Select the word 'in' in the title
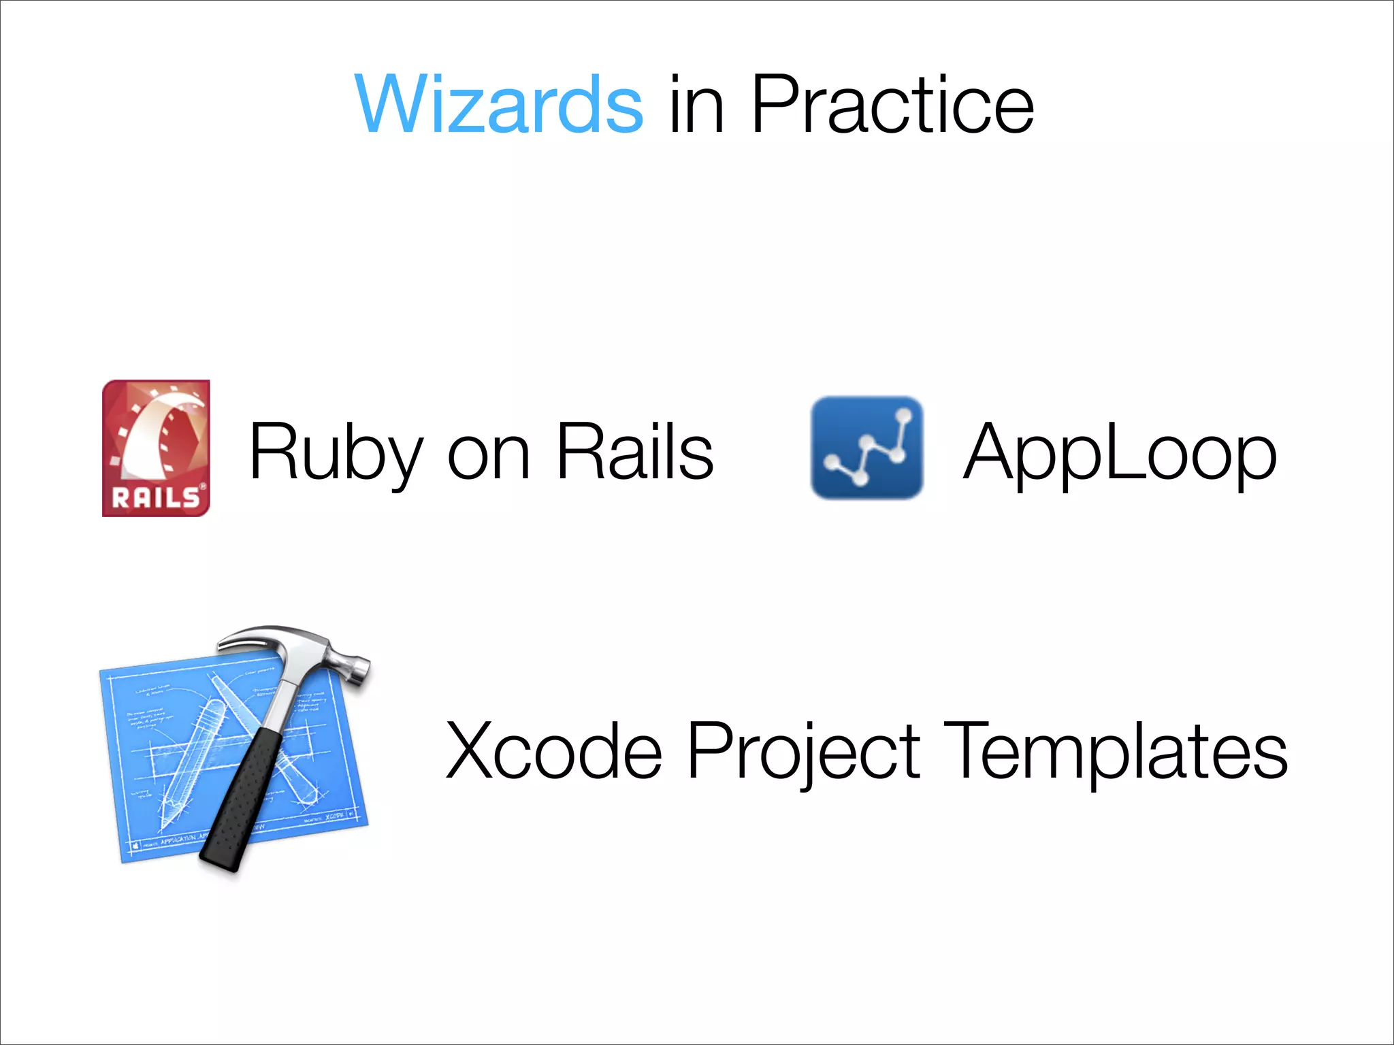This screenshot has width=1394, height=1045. click(696, 105)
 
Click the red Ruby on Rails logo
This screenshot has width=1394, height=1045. click(156, 448)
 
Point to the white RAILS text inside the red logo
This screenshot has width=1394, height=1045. click(155, 498)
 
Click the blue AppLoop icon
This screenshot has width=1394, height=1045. click(866, 448)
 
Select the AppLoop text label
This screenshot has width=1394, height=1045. click(1120, 452)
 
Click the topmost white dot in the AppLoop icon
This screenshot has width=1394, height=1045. click(904, 415)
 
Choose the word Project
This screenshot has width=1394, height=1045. click(803, 752)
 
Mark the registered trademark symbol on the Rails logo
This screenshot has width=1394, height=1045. click(202, 486)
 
